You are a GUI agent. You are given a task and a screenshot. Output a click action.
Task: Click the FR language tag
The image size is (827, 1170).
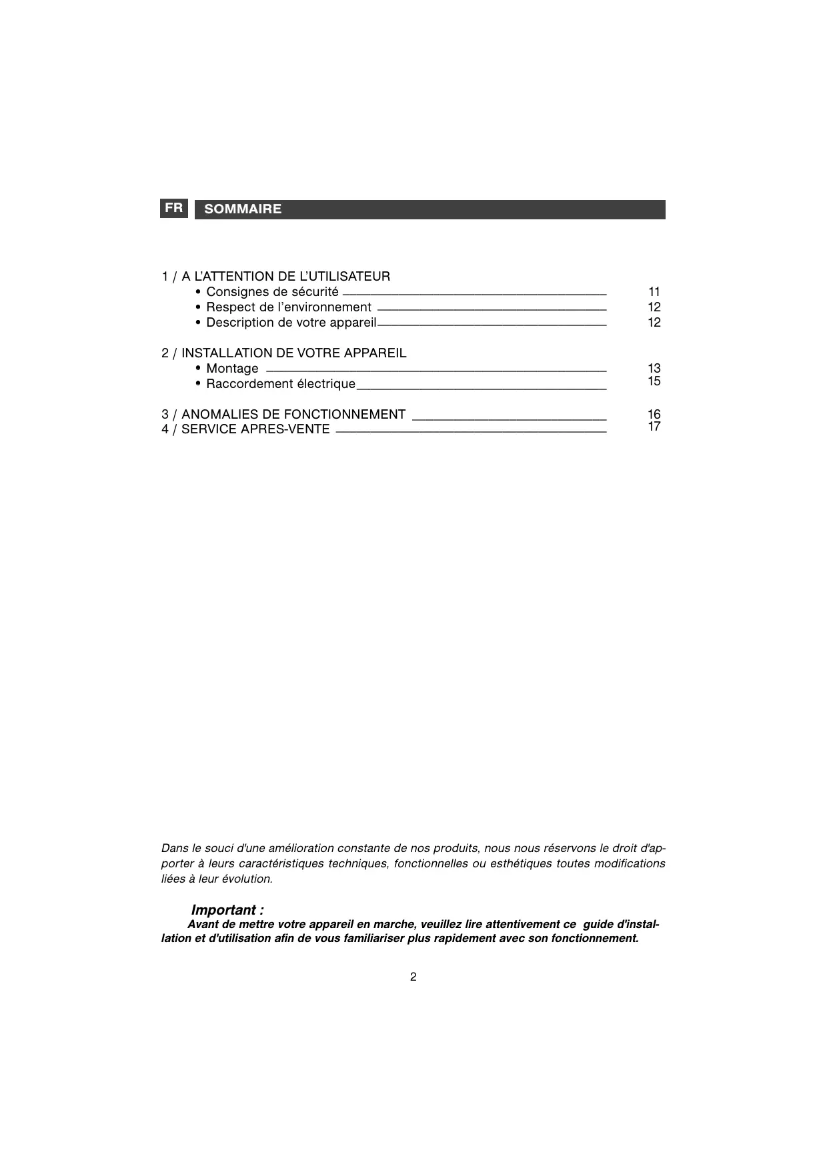174,208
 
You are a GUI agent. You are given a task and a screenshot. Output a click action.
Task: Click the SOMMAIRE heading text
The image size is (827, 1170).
243,209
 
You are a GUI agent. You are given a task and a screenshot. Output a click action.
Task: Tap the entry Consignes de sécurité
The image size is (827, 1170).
272,292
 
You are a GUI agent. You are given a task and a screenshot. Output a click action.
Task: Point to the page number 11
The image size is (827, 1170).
654,292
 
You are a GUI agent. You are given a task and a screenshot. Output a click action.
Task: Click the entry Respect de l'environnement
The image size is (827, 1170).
288,307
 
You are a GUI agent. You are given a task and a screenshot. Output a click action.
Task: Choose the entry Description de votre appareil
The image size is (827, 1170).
291,323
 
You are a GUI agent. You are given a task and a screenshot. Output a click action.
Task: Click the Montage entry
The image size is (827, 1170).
232,369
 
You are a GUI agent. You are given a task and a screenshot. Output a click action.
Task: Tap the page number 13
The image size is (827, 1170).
654,369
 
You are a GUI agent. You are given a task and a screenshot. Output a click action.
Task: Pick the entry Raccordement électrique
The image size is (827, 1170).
281,384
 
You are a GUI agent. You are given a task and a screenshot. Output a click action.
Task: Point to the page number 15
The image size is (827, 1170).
654,381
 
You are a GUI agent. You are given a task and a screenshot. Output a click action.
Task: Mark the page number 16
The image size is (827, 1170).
654,415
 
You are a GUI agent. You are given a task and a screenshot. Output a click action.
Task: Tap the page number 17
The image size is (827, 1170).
654,427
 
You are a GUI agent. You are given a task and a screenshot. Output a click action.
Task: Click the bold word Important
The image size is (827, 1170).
224,910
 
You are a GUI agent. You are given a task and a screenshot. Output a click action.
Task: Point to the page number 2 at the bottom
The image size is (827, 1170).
414,977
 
